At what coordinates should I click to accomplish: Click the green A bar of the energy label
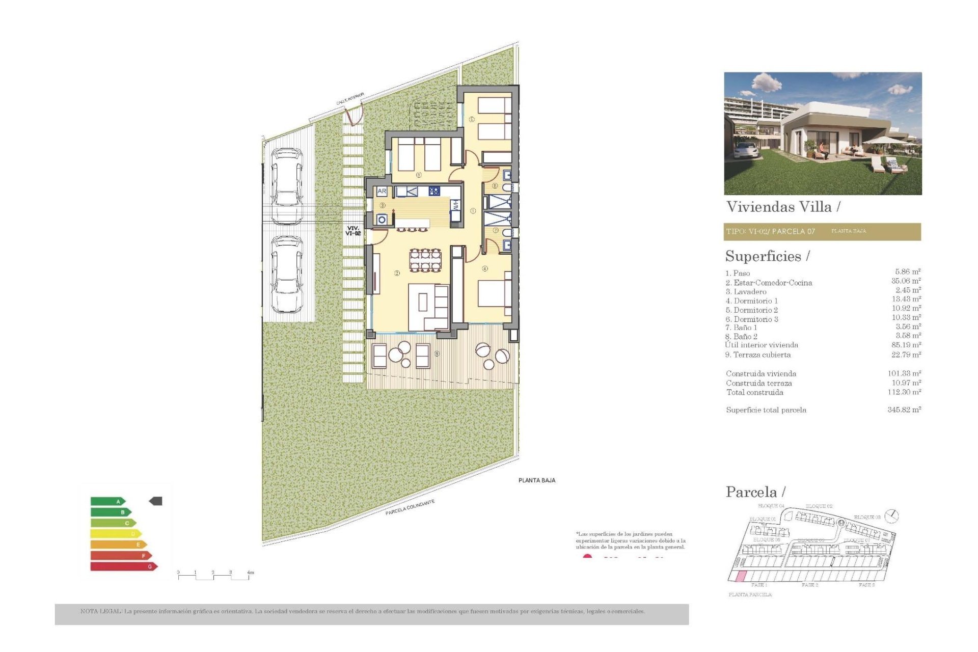pos(107,501)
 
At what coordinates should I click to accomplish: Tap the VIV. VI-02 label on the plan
pos(353,231)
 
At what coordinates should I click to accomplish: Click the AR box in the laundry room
pos(382,192)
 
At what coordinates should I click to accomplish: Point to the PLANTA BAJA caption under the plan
pos(536,480)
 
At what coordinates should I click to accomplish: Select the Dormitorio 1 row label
pos(751,301)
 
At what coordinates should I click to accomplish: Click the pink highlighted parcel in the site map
pos(739,576)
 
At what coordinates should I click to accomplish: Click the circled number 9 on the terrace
pos(437,354)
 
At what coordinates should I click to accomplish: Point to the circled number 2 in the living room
pos(397,273)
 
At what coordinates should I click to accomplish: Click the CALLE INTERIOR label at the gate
pos(350,99)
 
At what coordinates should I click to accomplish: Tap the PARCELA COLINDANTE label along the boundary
pos(410,507)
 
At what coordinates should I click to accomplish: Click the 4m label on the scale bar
pos(250,573)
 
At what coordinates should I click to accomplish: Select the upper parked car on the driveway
pos(286,185)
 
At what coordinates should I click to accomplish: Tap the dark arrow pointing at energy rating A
pos(155,501)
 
